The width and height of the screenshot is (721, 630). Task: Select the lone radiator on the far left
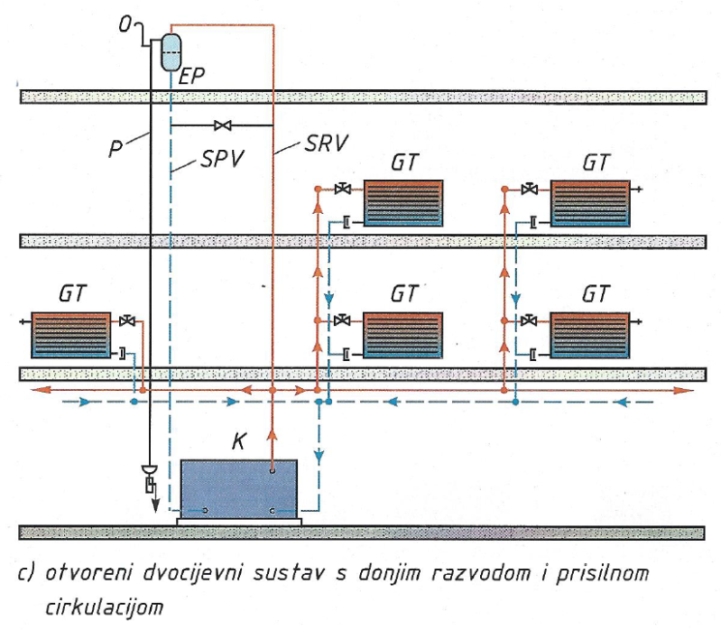point(71,335)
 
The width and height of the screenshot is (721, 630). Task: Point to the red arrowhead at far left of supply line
point(37,390)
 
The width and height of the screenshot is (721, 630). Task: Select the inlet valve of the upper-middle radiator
point(342,190)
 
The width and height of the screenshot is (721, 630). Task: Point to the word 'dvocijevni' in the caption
point(197,574)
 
